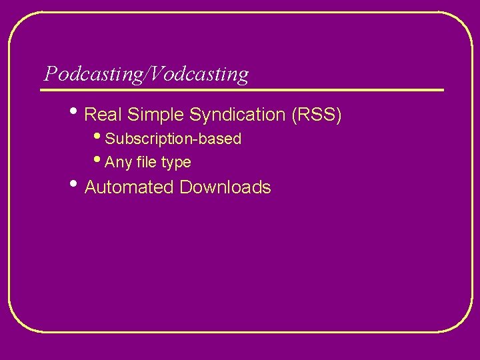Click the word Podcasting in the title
coord(93,74)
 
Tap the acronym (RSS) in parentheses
coord(317,115)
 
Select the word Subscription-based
coord(173,139)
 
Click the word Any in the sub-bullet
coord(119,163)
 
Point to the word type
coord(176,163)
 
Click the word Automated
coord(129,187)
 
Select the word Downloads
coord(225,187)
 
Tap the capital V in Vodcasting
coord(156,74)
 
